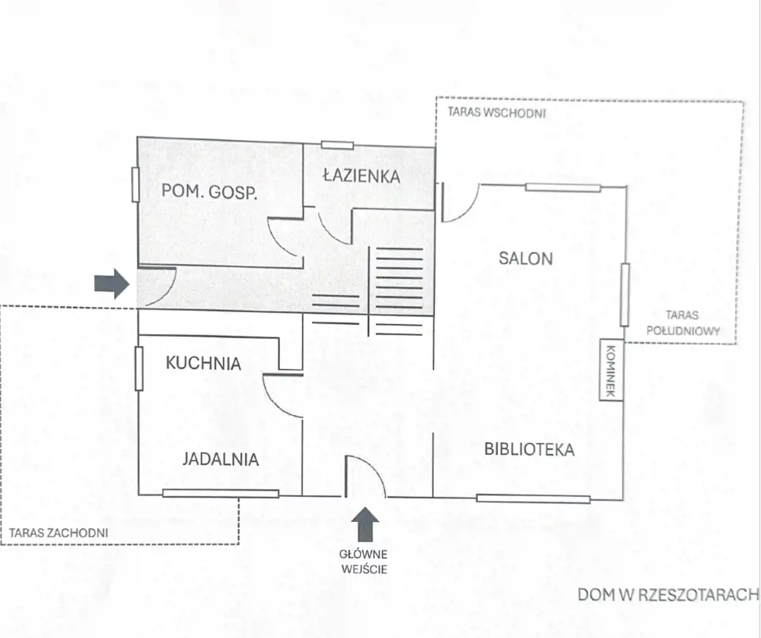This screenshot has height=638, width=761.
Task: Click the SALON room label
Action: point(526,259)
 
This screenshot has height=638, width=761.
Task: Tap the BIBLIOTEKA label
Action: point(529,449)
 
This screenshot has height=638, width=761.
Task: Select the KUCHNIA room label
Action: point(203,363)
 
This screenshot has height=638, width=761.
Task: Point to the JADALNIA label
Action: point(221,459)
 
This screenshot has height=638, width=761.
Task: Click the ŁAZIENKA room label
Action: point(362,176)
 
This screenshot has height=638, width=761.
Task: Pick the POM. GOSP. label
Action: point(209,191)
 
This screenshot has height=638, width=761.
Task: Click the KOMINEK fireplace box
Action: point(611,370)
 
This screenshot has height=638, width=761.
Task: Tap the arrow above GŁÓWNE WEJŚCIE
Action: point(365,524)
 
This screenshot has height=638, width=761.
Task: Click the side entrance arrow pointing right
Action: point(112,284)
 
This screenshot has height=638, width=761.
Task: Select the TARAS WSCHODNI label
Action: point(497,112)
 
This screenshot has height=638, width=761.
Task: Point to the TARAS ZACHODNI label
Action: point(58,533)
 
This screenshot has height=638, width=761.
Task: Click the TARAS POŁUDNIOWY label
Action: point(683,323)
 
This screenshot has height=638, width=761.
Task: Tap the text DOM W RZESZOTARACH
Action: point(668,595)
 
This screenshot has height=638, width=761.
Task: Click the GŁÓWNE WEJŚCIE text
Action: point(363,562)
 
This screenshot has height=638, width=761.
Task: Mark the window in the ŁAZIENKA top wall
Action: point(338,145)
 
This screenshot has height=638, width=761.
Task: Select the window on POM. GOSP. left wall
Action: point(136,184)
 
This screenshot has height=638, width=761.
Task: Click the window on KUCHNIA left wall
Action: point(139,369)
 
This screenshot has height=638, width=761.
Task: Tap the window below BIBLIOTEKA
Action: point(533,499)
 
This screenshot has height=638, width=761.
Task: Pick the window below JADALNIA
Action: point(221,494)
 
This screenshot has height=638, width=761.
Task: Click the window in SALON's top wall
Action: point(563,188)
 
